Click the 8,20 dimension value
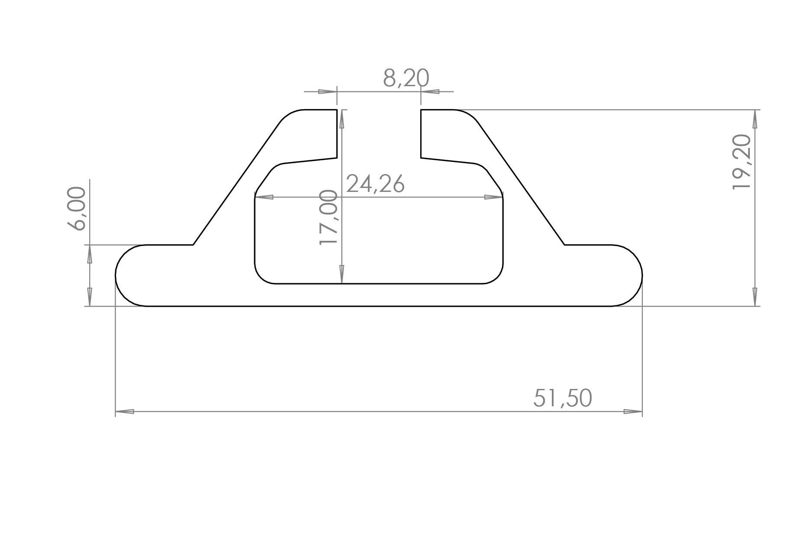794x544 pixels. [x=406, y=78]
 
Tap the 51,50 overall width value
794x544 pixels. [x=562, y=398]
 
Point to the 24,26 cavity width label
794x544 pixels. [x=376, y=184]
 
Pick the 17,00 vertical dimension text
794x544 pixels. [x=328, y=217]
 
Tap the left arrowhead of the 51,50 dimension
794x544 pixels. [x=125, y=411]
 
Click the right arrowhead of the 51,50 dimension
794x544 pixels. [x=633, y=411]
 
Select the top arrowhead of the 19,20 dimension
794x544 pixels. [x=755, y=119]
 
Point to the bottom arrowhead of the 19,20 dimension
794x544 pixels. [x=755, y=297]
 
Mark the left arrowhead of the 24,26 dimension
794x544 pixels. [x=264, y=198]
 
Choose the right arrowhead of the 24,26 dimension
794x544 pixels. [x=493, y=198]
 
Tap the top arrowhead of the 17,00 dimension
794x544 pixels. [x=342, y=119]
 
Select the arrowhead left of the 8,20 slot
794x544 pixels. [x=327, y=92]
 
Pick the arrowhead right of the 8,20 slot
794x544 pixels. [x=430, y=92]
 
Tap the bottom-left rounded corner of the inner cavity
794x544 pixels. [x=261, y=277]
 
